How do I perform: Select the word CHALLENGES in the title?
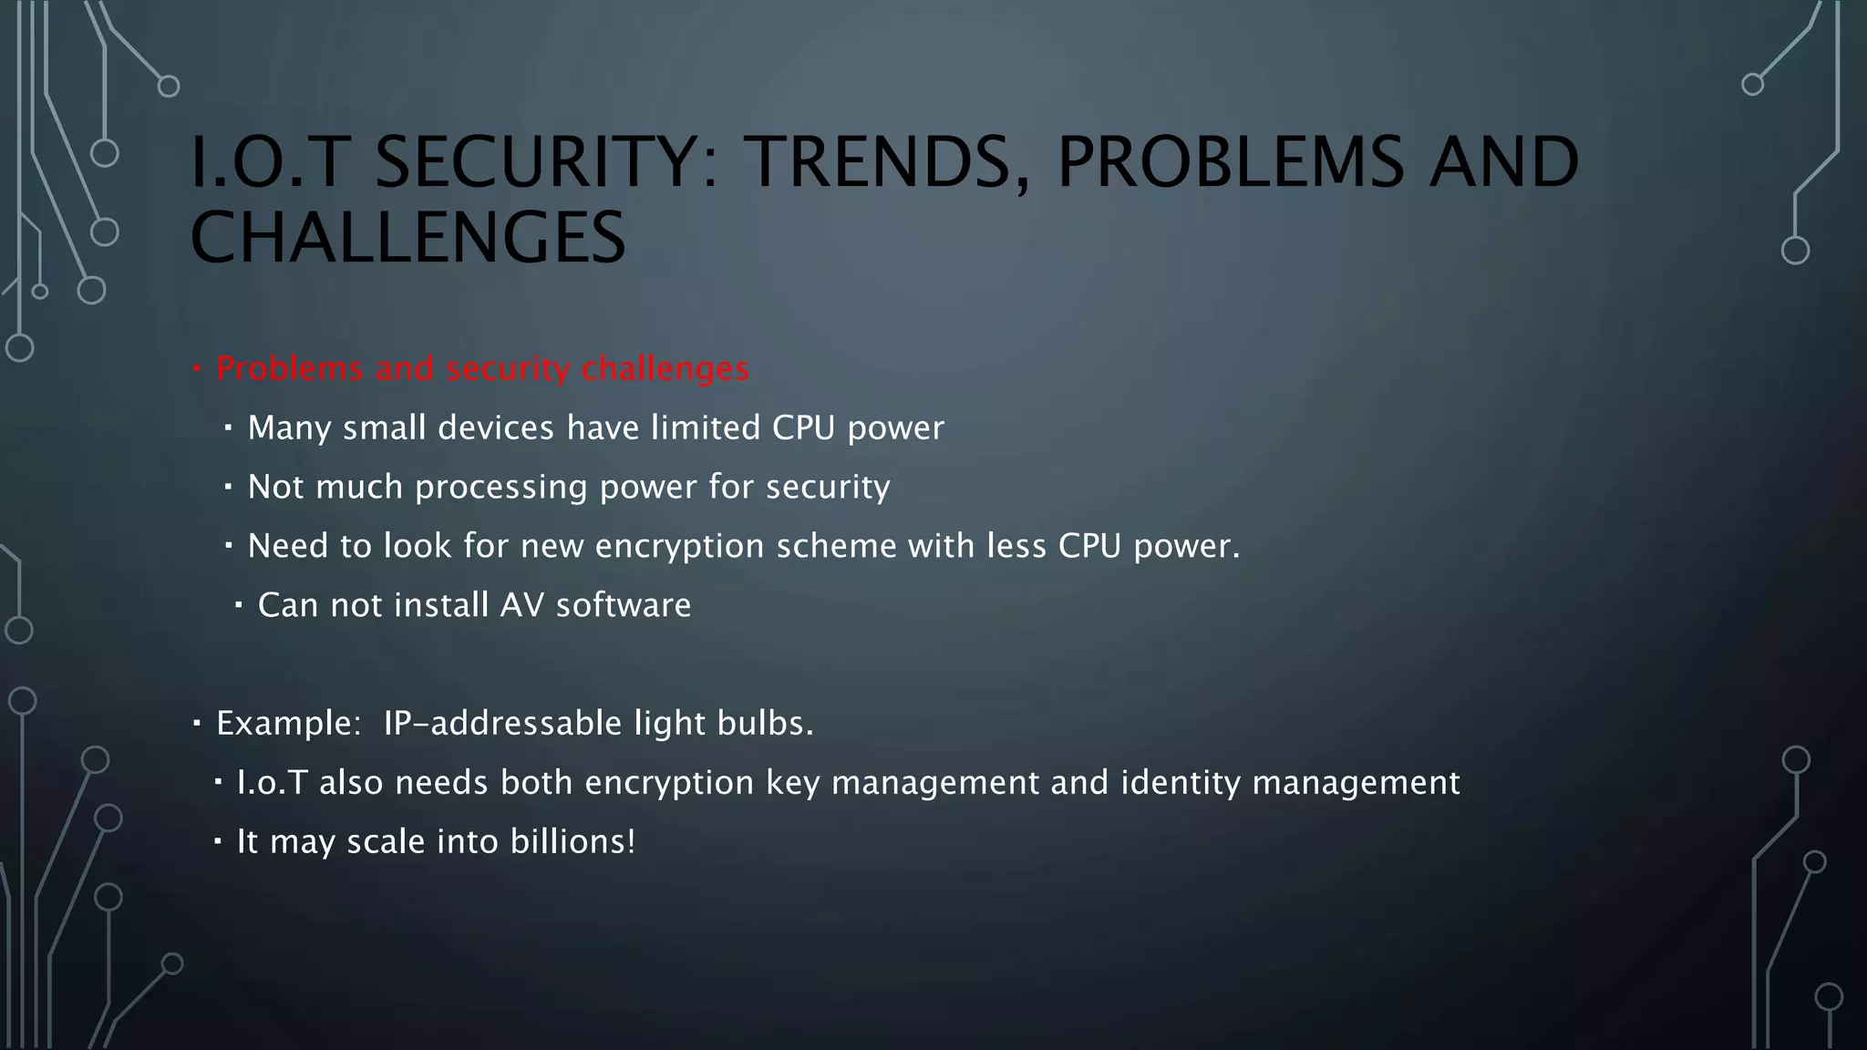407,237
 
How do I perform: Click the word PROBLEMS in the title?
1230,161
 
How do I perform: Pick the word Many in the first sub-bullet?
289,427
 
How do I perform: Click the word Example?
289,724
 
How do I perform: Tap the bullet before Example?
197,724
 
